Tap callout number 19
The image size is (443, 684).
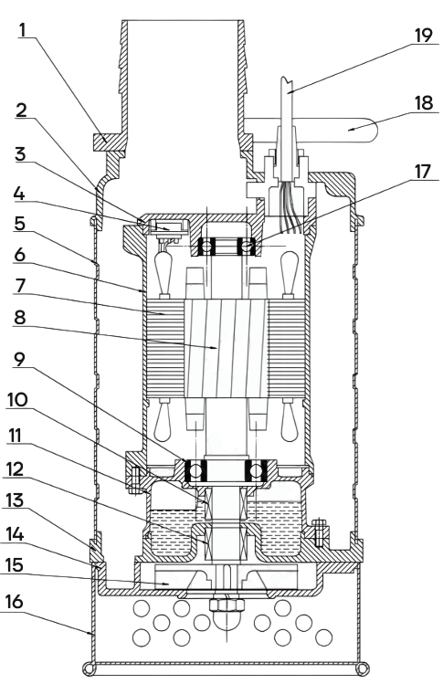[423, 36]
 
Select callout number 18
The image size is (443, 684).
[423, 103]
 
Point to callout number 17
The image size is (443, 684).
[422, 172]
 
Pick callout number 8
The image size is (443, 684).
[20, 318]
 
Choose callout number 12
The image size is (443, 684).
[14, 469]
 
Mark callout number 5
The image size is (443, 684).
[20, 224]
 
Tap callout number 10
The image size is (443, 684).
[17, 400]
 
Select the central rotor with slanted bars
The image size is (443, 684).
[226, 348]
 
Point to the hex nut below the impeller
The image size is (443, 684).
[227, 605]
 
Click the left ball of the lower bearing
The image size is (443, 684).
[195, 470]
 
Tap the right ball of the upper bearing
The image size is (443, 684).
[247, 247]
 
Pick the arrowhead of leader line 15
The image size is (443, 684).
[166, 584]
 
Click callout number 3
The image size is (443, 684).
[20, 154]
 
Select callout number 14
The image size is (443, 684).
[14, 534]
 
